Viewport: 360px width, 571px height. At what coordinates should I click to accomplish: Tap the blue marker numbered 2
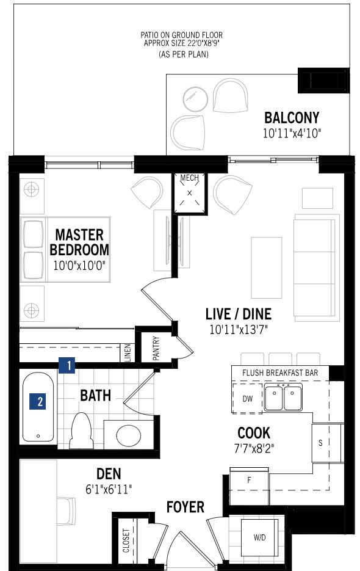coord(38,401)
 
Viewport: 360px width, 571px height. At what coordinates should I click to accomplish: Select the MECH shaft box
coord(189,193)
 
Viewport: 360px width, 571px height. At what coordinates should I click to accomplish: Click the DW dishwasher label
coord(247,398)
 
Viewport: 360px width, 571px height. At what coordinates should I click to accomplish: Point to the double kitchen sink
coord(284,398)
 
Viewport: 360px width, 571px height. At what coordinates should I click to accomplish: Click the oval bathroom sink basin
coord(129,435)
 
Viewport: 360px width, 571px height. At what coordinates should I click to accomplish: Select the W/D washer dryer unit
coord(259,537)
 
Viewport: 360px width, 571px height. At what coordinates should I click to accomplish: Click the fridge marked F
coord(250,480)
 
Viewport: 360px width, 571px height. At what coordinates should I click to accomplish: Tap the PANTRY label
coord(156,348)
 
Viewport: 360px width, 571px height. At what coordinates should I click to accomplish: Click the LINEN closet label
coord(128,352)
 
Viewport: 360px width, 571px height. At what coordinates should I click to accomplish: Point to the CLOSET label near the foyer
coord(126,540)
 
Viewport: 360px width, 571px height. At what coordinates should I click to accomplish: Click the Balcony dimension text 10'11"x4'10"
coord(292,133)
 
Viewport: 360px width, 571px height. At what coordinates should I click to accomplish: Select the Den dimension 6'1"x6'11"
coord(109,489)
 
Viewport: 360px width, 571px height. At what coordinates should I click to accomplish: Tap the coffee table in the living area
coord(267,267)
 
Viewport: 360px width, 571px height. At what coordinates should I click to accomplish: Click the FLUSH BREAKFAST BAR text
coord(280,373)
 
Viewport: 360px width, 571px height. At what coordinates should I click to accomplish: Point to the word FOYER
coord(185,507)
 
